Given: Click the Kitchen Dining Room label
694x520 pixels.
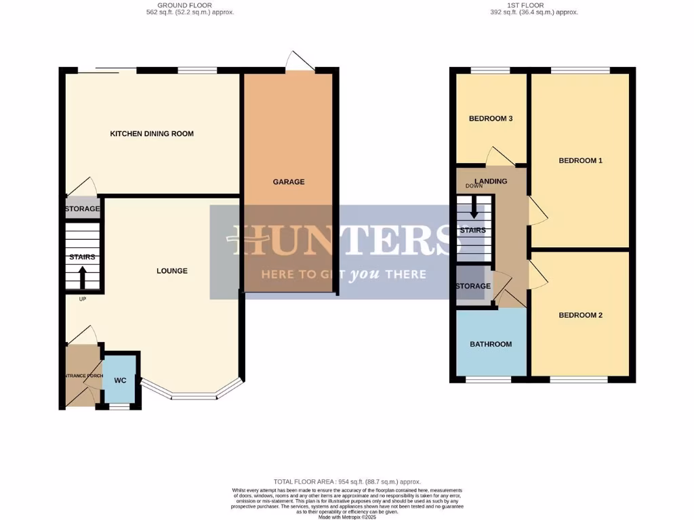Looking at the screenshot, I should (152, 133).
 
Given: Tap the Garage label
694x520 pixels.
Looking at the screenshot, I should (289, 181).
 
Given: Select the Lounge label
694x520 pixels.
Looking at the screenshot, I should (171, 271).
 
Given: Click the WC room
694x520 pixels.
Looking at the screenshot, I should (120, 380).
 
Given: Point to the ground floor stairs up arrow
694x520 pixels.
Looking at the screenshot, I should (83, 278).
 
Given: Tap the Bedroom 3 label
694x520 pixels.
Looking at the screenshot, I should (491, 118).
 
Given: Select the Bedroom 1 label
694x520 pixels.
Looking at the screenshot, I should (580, 160).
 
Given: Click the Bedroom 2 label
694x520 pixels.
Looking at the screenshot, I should (580, 315).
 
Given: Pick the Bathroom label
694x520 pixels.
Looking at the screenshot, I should (491, 344).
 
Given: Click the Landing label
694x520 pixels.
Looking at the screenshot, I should (491, 181).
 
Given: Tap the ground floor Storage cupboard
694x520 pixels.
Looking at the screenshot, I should (83, 209).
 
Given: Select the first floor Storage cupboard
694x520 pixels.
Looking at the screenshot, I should (473, 286).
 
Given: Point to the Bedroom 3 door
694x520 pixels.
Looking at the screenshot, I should (502, 156).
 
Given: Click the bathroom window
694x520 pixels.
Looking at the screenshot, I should (488, 380).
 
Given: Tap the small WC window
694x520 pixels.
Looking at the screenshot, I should (119, 407).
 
